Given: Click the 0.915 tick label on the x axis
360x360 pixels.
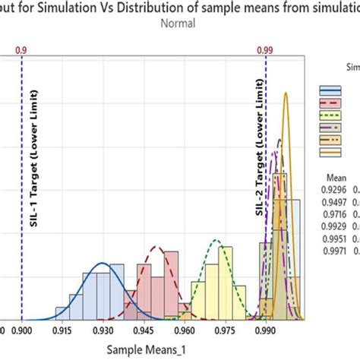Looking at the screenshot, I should [62, 331].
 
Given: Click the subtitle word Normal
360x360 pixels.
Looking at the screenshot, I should [178, 24].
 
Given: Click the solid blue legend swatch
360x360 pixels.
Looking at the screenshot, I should [329, 88].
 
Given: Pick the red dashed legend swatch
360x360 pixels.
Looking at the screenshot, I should [329, 101].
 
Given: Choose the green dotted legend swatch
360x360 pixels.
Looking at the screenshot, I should [329, 114].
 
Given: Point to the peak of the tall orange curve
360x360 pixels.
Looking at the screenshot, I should [286, 93].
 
